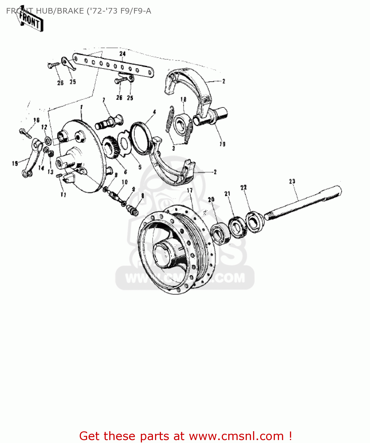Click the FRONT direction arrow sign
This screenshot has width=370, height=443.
[x=30, y=21]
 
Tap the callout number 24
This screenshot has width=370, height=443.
[x=122, y=54]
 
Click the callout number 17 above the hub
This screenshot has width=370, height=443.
[x=190, y=190]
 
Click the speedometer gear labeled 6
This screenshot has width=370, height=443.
[x=111, y=147]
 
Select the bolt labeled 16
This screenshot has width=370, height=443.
[x=25, y=133]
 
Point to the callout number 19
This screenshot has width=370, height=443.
[x=222, y=144]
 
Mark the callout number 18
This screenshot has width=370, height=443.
[x=183, y=100]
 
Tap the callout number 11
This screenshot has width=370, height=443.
[x=63, y=195]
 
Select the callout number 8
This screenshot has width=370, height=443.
[x=143, y=196]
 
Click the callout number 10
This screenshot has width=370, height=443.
[x=125, y=182]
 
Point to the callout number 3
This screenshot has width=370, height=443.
[x=173, y=148]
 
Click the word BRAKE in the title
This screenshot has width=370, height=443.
[x=70, y=11]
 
